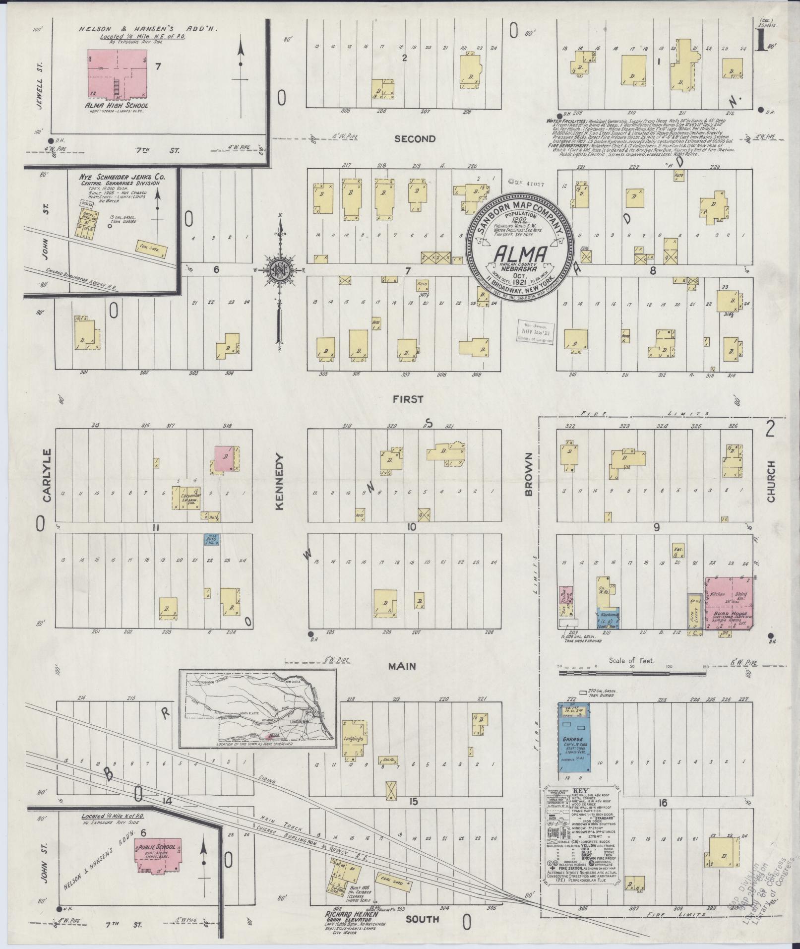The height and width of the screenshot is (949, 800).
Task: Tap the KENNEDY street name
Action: coord(279,482)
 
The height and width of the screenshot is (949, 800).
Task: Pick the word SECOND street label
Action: coord(415,139)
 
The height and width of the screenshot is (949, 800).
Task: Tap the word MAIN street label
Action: coord(404,666)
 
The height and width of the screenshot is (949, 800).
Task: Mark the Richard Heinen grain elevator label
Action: coord(349,915)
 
